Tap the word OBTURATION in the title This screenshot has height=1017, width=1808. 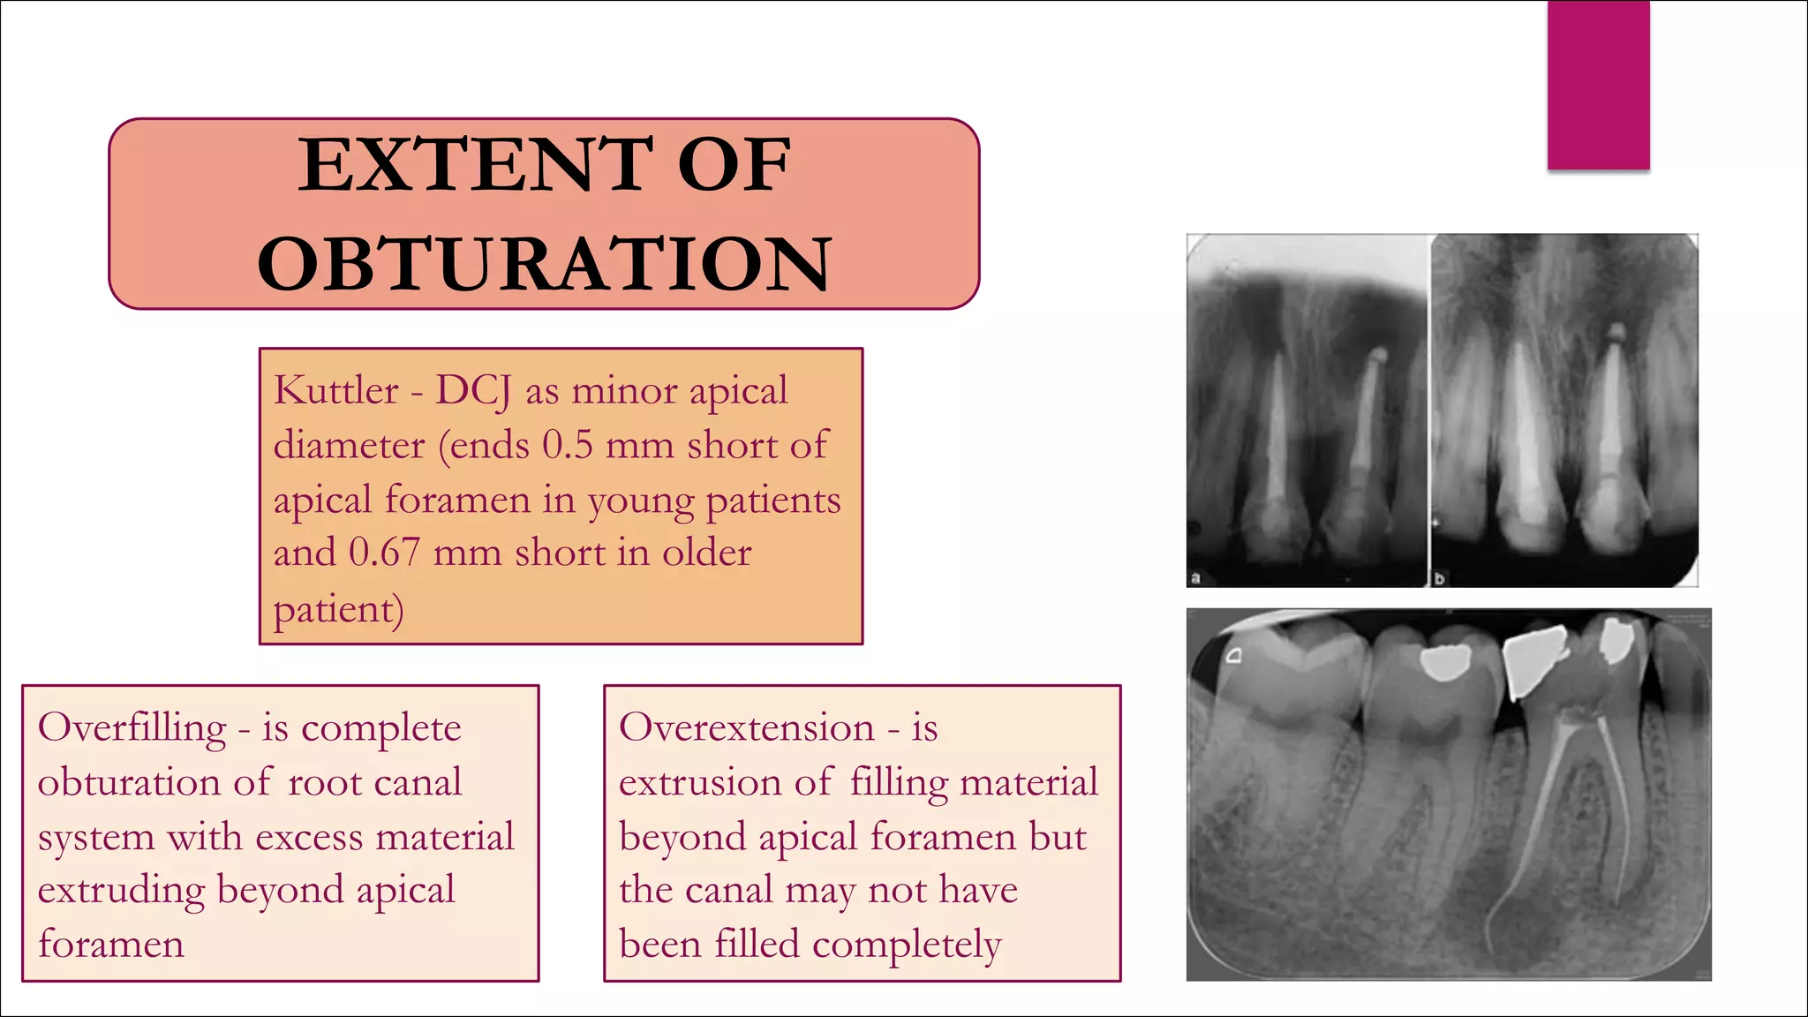pyautogui.click(x=544, y=264)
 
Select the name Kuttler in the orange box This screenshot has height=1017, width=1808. pyautogui.click(x=335, y=390)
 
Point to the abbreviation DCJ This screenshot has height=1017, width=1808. pyautogui.click(x=472, y=391)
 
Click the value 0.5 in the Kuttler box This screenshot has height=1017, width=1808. pyautogui.click(x=567, y=445)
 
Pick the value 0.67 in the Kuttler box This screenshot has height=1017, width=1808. pyautogui.click(x=384, y=553)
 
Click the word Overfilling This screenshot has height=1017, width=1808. pyautogui.click(x=132, y=728)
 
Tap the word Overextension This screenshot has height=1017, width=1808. pyautogui.click(x=747, y=728)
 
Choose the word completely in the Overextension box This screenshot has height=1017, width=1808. pyautogui.click(x=907, y=945)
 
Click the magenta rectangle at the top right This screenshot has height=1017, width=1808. pyautogui.click(x=1598, y=85)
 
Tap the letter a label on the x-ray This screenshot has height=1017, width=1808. pyautogui.click(x=1196, y=578)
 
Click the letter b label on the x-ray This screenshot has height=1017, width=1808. pyautogui.click(x=1439, y=578)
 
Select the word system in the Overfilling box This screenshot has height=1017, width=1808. pyautogui.click(x=96, y=837)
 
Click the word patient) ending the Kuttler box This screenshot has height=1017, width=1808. pyautogui.click(x=338, y=609)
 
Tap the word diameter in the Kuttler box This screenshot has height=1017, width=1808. pyautogui.click(x=349, y=445)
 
